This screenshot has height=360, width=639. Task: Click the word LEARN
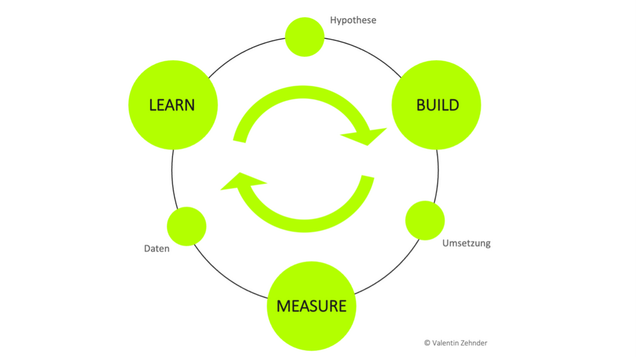172,105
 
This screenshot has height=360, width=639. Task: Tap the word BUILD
437,105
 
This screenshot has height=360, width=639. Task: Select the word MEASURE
311,306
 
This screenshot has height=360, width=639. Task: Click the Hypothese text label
353,20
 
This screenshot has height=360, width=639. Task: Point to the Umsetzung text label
466,244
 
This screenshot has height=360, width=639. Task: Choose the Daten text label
157,248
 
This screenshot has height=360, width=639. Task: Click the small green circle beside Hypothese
305,37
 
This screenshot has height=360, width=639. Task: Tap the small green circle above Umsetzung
425,221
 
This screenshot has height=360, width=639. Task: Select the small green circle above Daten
187,226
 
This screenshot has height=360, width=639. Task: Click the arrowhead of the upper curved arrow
366,135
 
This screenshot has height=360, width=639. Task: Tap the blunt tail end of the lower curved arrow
367,178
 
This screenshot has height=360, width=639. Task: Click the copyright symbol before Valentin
427,343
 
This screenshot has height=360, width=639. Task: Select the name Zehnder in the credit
472,343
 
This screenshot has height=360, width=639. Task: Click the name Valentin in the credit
443,343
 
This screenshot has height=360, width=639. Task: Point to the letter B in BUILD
421,105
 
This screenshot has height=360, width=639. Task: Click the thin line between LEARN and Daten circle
173,180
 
